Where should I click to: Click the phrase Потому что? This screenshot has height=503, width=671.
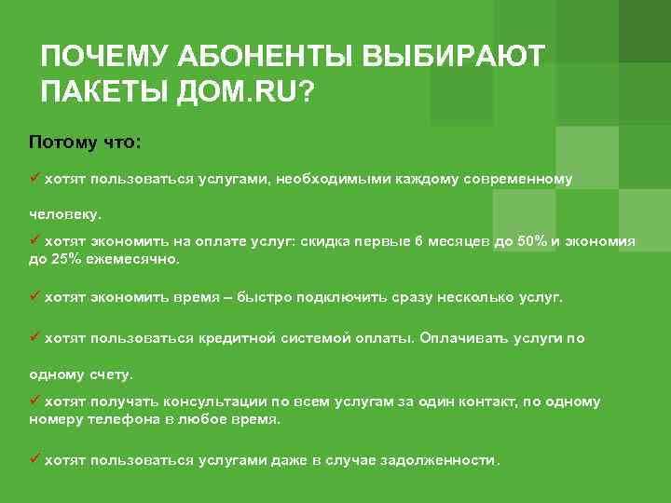coord(85,142)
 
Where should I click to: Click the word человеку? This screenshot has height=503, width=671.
coord(64,213)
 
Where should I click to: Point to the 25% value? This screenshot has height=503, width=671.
coord(64,258)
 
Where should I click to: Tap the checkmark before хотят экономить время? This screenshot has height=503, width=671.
coord(34,296)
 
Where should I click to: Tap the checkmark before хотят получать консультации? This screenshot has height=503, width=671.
coord(34,401)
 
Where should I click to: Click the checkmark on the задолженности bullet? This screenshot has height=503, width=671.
coord(34,459)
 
